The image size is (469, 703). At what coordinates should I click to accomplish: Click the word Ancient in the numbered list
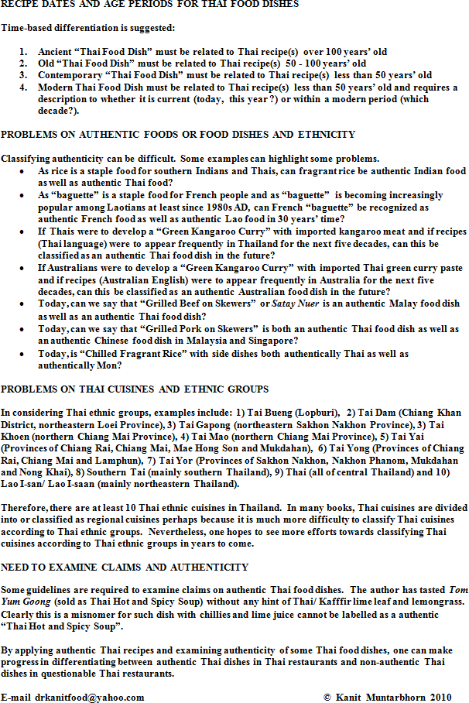coord(55,53)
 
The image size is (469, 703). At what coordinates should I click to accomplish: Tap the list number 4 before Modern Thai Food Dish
coord(23,87)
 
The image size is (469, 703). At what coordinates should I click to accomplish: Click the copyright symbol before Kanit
coord(327,697)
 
